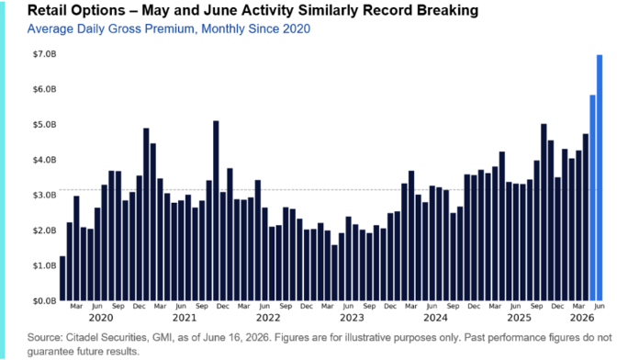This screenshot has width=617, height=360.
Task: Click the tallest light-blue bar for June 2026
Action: (600, 177)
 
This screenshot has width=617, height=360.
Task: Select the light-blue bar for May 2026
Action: (592, 197)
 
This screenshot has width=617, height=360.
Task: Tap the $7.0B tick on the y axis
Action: (44, 54)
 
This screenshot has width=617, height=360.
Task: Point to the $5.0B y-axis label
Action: (44, 125)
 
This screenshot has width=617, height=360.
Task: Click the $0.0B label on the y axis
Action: (44, 301)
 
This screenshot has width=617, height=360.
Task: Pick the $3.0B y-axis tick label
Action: (44, 195)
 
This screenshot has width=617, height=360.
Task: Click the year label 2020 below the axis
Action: (101, 318)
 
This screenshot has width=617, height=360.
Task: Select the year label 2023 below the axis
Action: (352, 318)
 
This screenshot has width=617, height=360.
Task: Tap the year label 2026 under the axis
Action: (582, 318)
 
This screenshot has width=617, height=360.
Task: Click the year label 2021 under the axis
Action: (185, 318)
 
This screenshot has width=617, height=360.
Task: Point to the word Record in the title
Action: (386, 10)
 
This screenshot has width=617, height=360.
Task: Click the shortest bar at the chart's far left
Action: (62, 278)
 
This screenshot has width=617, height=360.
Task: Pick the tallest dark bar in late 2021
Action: (216, 210)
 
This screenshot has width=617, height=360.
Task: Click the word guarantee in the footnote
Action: (47, 352)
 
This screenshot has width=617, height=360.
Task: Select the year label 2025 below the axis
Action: (519, 318)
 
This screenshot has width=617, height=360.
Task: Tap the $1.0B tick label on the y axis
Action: (44, 265)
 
